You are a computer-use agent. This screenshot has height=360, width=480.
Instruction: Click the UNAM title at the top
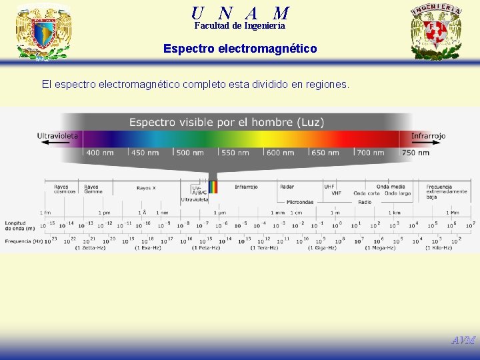(240, 12)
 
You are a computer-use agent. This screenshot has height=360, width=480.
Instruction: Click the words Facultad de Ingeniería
(240, 26)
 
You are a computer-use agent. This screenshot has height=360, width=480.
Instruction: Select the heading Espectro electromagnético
(240, 49)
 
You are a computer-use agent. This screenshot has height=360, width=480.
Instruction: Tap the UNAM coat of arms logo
(43, 31)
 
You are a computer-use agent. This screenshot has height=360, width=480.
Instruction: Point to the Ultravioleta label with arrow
(58, 136)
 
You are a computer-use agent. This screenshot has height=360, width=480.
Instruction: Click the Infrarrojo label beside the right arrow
(428, 136)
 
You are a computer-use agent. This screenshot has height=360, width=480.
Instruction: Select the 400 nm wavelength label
(99, 153)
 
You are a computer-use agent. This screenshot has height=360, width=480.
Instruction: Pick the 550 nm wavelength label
(235, 153)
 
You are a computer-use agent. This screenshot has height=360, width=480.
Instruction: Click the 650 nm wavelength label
(325, 153)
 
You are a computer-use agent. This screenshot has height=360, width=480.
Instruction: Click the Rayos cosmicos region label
(62, 189)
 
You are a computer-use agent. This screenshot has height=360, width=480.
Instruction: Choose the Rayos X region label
(146, 188)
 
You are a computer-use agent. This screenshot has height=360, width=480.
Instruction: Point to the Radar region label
(287, 187)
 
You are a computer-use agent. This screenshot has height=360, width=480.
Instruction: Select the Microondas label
(300, 201)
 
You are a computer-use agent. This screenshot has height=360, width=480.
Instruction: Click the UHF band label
(329, 187)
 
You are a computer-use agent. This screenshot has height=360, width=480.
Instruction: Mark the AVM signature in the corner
(463, 340)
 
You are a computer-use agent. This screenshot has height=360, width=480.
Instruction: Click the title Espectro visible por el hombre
(227, 123)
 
